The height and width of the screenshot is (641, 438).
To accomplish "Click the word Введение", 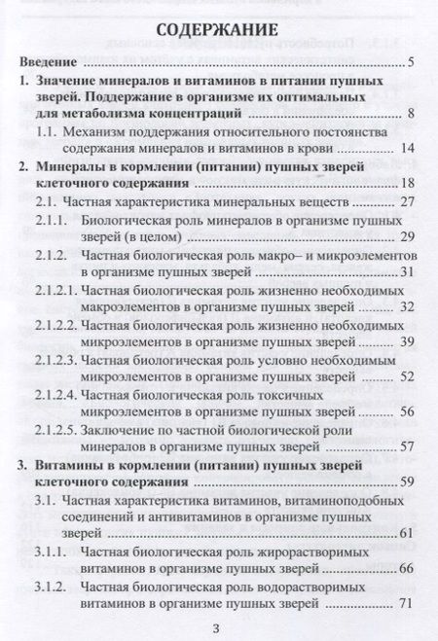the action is click(50, 64).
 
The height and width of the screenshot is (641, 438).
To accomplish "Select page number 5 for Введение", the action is click(413, 64).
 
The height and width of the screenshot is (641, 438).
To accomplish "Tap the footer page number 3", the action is click(218, 625).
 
